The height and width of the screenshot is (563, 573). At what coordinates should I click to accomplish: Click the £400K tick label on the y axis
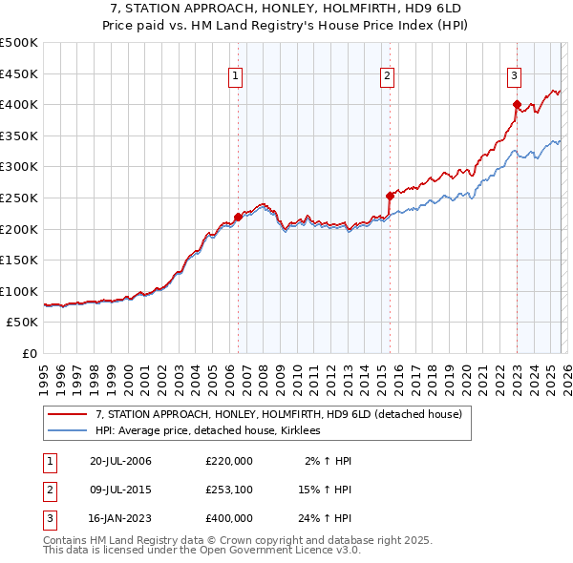point(19,104)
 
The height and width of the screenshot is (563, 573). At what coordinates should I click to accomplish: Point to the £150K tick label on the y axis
point(19,260)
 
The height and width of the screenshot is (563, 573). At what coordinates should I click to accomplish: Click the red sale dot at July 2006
point(238,217)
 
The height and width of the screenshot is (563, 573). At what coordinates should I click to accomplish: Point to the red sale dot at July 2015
point(390,196)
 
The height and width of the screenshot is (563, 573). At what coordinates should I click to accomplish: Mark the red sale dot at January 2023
point(517,104)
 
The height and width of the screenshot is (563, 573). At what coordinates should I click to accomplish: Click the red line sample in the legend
point(68,414)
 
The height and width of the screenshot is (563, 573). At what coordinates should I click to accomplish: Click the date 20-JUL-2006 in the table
point(120,461)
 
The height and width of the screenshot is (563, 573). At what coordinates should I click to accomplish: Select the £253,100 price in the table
point(229,490)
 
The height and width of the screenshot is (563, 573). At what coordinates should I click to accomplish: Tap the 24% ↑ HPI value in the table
point(324,518)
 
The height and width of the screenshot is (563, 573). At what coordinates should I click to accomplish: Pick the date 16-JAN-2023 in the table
point(120,518)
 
